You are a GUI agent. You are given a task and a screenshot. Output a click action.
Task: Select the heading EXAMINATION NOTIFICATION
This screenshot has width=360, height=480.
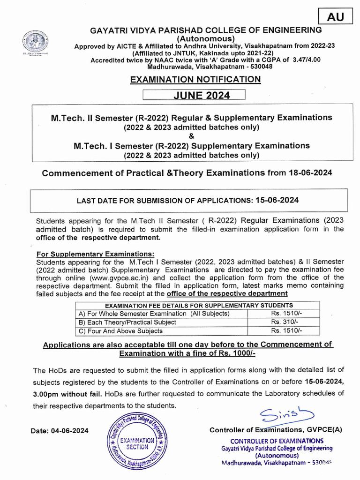[x=195, y=79]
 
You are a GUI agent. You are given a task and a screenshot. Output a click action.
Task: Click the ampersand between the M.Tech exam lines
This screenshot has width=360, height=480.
[x=191, y=136]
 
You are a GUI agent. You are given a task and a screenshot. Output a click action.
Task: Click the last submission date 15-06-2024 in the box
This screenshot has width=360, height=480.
[x=277, y=200]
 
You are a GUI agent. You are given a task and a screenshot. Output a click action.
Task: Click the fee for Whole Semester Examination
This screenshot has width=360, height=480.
[x=284, y=314]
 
